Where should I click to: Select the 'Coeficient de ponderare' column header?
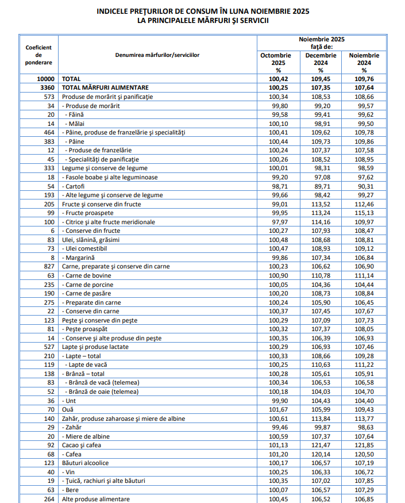pyautogui.click(x=38, y=55)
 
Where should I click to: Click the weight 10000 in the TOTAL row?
pyautogui.click(x=45, y=79)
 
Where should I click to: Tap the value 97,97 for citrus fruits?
pyautogui.click(x=278, y=222)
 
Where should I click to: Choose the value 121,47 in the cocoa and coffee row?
pyautogui.click(x=321, y=446)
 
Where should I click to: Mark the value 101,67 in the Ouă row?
pyautogui.click(x=278, y=410)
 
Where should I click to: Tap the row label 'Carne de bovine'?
pyautogui.click(x=88, y=276)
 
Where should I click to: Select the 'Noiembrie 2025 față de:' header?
pyautogui.click(x=321, y=43)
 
